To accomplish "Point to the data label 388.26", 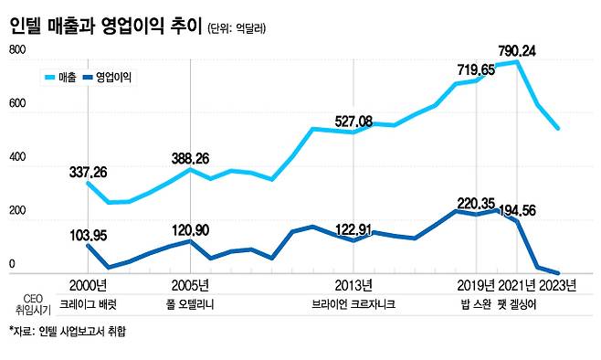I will [190, 158].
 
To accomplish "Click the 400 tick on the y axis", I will [17, 166].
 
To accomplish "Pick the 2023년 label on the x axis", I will [557, 284].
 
